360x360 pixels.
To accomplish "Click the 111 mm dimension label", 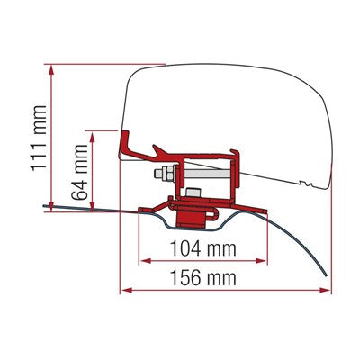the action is pos(40,138).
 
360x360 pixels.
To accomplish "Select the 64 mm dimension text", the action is pos(80,172).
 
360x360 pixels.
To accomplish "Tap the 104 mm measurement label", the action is pos(203,248).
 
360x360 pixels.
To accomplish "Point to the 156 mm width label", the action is pos(203,277).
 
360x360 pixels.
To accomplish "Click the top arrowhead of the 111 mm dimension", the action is pos(51,70).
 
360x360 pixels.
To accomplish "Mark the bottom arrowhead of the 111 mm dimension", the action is pos(51,206).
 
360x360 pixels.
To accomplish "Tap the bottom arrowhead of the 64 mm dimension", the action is pos(93,206).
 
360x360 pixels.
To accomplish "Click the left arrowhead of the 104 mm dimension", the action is pos(146,261).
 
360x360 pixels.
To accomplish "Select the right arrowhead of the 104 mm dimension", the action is pos(260,261).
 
